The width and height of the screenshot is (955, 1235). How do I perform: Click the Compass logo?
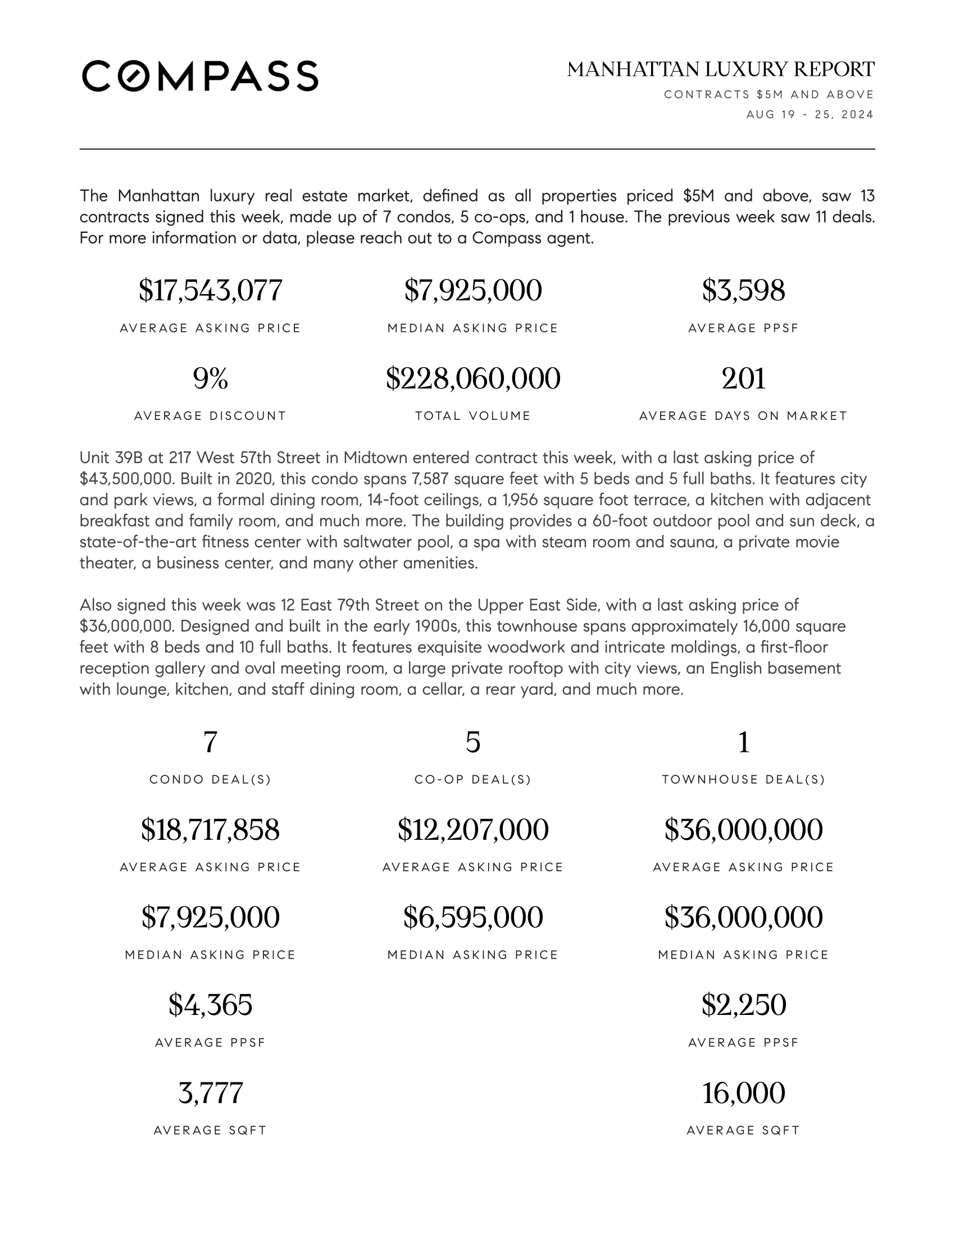point(200,76)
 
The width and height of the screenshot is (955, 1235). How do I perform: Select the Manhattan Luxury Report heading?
point(720,70)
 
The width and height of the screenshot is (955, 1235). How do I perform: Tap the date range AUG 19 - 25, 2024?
point(810,115)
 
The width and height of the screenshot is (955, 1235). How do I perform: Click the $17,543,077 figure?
point(210,291)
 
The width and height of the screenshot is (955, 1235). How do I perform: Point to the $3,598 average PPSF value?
point(743,291)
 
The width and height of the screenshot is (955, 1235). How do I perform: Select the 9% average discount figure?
point(210,378)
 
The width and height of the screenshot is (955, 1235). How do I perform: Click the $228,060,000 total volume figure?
point(473,378)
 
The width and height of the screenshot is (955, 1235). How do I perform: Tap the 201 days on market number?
point(743,378)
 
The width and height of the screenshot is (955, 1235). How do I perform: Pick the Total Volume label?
point(473,416)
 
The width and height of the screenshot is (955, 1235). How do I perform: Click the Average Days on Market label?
point(743,416)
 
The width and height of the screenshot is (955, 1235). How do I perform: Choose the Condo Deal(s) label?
point(210,780)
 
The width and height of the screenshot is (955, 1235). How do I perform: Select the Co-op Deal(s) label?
point(473,780)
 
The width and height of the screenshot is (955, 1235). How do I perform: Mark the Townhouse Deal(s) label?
point(743,780)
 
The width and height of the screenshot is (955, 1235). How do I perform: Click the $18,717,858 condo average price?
point(210,830)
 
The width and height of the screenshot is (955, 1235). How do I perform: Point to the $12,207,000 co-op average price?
point(473,830)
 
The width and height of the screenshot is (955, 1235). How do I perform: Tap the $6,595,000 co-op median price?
point(473,918)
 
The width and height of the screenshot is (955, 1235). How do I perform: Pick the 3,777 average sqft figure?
point(210,1093)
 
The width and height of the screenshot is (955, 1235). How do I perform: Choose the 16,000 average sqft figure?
point(743,1093)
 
